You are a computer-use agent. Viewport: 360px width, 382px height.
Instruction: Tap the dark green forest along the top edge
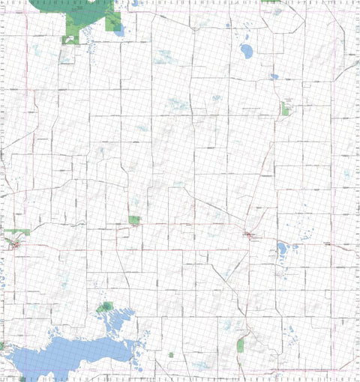pos(75,9)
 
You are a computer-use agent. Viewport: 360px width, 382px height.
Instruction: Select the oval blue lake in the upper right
pos(245,51)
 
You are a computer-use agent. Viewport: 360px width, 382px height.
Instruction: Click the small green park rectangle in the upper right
pos(285,109)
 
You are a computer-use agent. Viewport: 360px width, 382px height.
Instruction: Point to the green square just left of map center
pos(134,220)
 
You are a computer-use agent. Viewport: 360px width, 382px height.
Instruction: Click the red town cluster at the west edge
pos(13,243)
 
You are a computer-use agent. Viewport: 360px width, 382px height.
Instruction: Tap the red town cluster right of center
pos(250,237)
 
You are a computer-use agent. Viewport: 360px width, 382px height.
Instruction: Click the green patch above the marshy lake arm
pos(105,307)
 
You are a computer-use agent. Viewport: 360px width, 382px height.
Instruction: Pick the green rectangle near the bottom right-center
pos(241,345)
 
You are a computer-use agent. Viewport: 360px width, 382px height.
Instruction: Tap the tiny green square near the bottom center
pos(171,354)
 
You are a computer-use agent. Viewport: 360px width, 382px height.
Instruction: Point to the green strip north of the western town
pos(16,231)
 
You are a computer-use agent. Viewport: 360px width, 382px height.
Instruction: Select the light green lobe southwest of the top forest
pos(69,35)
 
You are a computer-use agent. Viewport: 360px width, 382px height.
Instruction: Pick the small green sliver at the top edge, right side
pos(271,1)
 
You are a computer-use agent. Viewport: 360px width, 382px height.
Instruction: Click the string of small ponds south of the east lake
pos(282,271)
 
